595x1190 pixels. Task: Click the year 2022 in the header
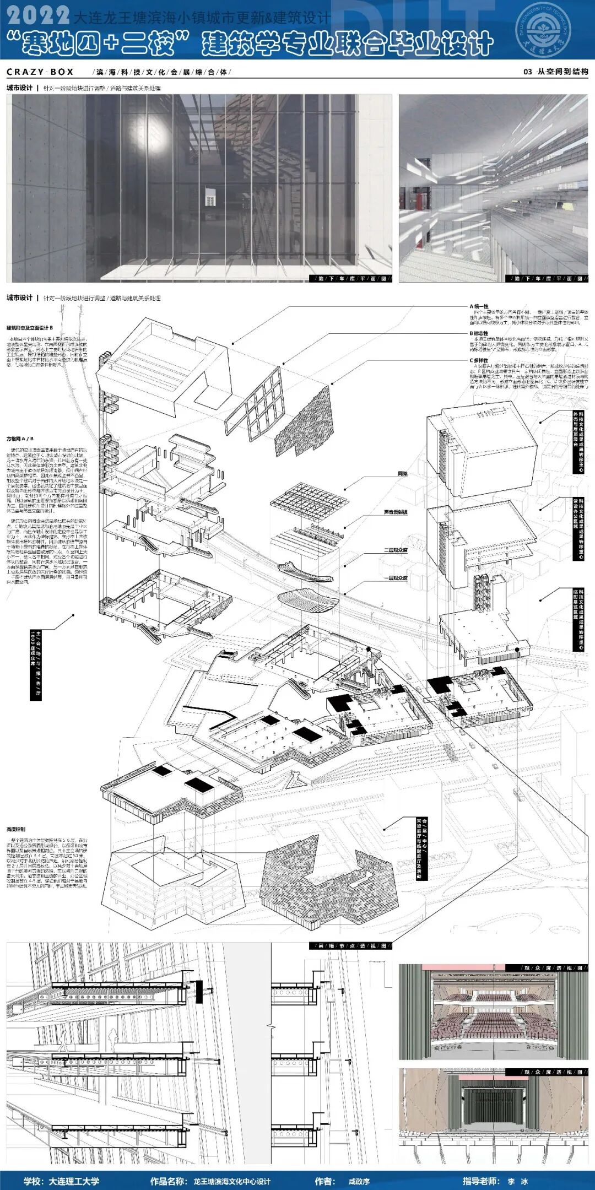tap(39, 15)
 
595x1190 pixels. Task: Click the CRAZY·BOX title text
tap(40, 72)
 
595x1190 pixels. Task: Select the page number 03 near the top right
tap(527, 72)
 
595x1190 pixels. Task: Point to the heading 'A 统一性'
tap(479, 306)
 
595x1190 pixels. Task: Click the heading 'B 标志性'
tap(479, 333)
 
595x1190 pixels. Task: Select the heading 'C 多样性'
tap(479, 360)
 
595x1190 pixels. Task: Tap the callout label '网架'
tap(403, 474)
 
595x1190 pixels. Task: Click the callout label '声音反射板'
tap(396, 512)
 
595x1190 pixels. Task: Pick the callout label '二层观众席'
tap(396, 550)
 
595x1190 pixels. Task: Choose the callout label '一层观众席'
tap(396, 578)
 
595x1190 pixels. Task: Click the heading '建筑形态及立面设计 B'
tap(30, 328)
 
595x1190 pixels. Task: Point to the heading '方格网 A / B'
tap(20, 439)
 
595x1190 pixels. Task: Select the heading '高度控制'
tap(16, 829)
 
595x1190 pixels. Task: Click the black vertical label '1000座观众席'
tap(35, 665)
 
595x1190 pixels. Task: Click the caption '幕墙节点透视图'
tap(352, 946)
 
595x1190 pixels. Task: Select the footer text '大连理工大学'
tap(73, 1181)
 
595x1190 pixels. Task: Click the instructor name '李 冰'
tap(518, 1181)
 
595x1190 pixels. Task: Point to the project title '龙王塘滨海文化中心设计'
tap(231, 1181)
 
